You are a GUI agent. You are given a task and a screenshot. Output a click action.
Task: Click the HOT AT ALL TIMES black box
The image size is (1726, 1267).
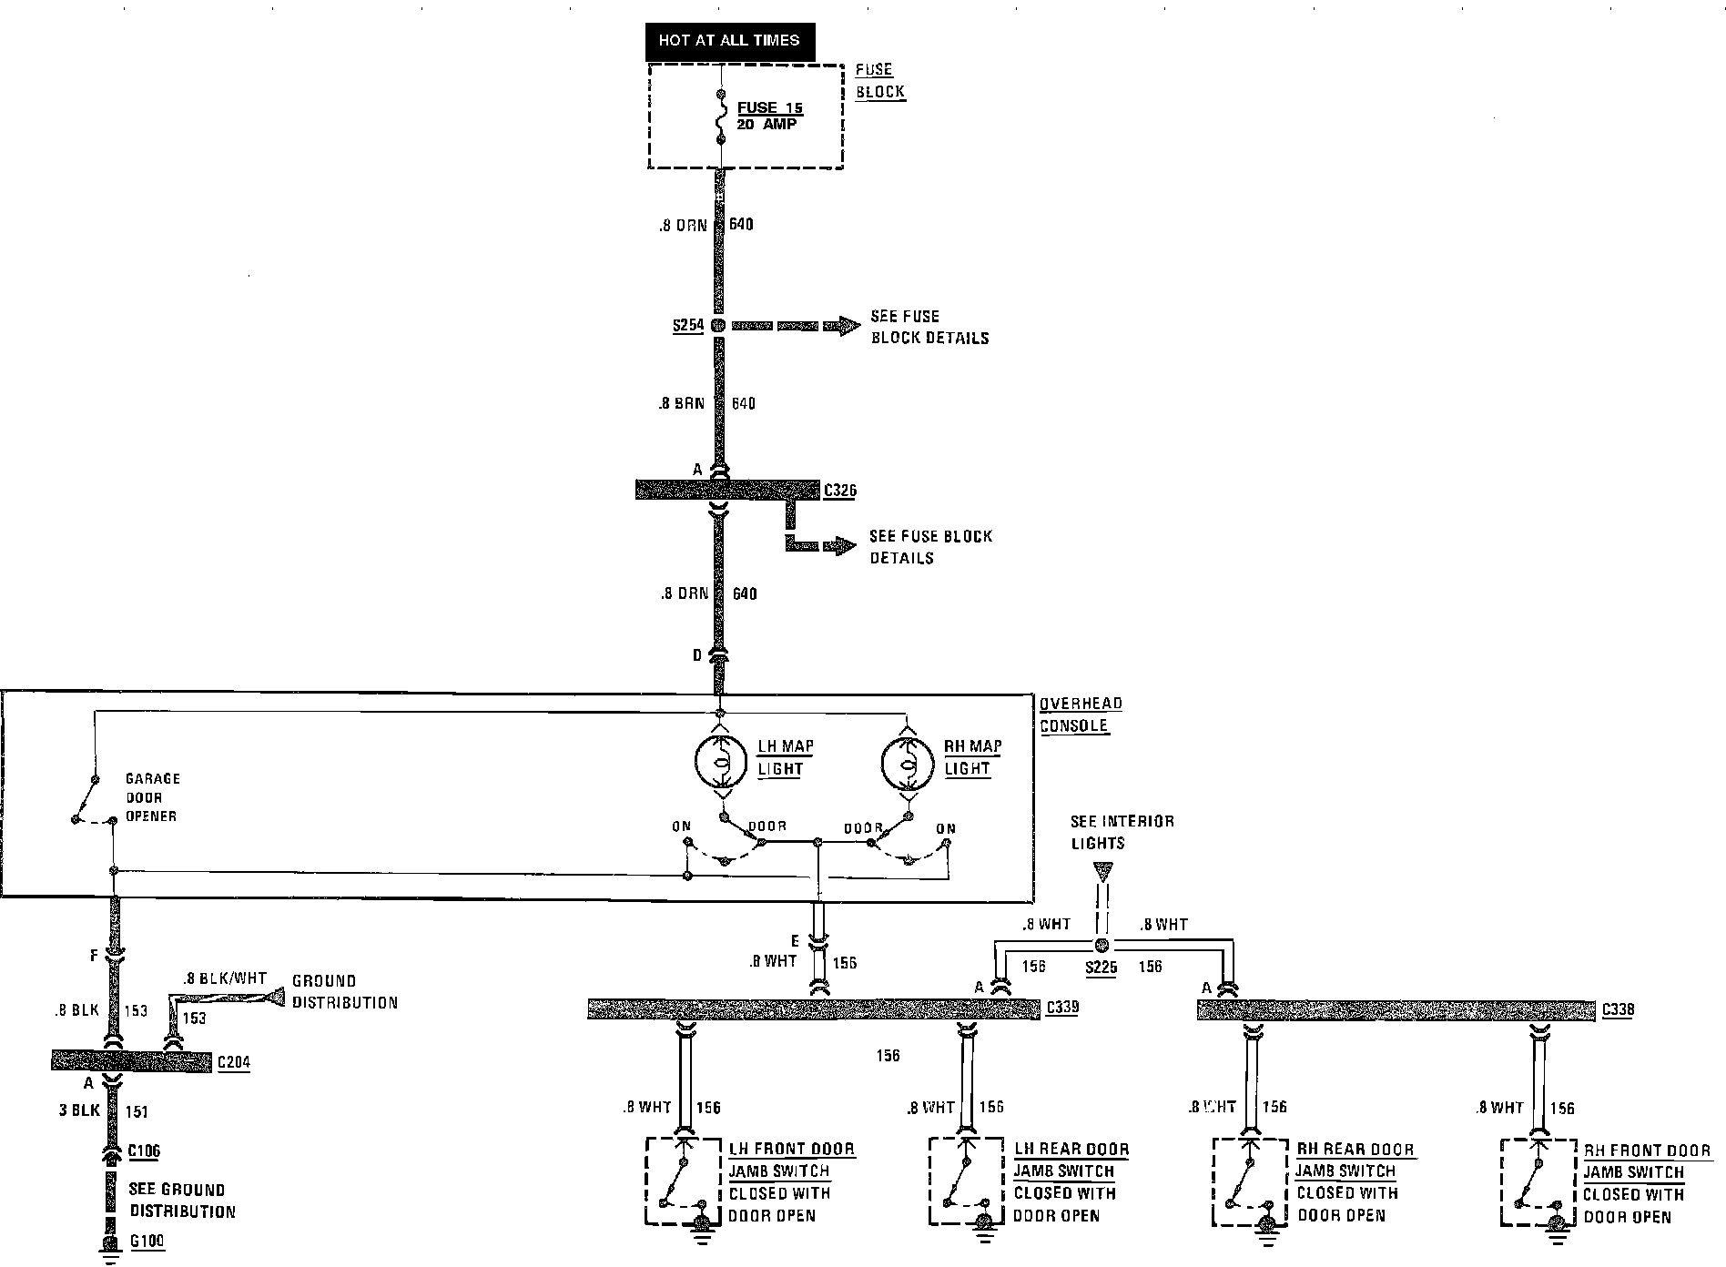(x=729, y=41)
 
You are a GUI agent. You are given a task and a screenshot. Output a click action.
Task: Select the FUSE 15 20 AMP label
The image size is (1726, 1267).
(x=769, y=116)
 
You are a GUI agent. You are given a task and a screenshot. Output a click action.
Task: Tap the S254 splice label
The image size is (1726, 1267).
(x=687, y=326)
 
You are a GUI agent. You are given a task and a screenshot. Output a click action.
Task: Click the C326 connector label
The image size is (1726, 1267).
(x=839, y=492)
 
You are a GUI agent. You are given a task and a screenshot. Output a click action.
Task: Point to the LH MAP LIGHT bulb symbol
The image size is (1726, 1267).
(x=721, y=757)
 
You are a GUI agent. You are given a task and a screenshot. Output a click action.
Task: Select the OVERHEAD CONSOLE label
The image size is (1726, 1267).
(x=1080, y=715)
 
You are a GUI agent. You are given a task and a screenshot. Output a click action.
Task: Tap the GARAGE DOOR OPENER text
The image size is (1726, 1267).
(x=151, y=797)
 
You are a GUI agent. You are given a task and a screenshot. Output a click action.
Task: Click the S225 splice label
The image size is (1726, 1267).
(x=1101, y=968)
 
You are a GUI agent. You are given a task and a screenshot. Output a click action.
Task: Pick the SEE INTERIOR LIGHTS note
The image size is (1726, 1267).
(x=1122, y=832)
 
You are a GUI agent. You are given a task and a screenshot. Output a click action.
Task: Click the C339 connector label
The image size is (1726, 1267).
(x=1063, y=1008)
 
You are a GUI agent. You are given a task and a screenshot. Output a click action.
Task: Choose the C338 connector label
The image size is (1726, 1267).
(x=1618, y=1009)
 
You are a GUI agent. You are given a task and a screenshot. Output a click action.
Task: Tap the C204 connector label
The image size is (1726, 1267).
(x=233, y=1062)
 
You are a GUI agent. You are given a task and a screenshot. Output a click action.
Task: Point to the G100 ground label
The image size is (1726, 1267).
(x=147, y=1241)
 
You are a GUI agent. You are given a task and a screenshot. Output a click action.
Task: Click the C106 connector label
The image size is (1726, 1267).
(x=144, y=1151)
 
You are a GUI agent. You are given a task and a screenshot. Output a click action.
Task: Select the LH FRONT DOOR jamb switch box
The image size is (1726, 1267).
(x=684, y=1181)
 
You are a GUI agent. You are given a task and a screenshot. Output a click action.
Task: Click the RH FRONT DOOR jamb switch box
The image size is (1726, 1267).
(x=1538, y=1181)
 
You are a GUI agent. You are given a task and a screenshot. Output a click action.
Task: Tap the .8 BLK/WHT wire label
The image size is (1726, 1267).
(x=224, y=979)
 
